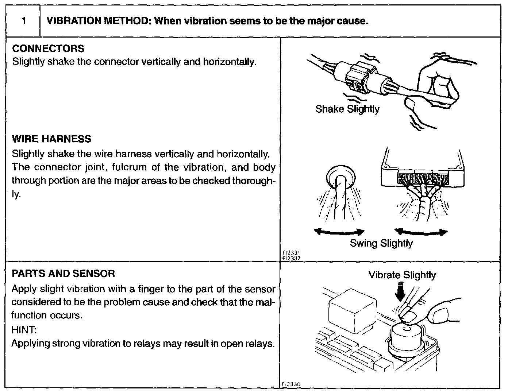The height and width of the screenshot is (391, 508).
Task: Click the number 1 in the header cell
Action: (23, 21)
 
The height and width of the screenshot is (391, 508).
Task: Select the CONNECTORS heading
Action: (48, 49)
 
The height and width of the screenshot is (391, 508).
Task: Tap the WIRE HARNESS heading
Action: (51, 139)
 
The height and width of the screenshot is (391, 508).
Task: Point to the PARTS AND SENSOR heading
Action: (63, 274)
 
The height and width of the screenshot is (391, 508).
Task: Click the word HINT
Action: (24, 330)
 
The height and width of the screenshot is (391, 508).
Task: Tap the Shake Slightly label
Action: (347, 109)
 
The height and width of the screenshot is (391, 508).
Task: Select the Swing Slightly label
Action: (381, 243)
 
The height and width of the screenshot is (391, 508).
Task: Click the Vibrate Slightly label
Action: (402, 275)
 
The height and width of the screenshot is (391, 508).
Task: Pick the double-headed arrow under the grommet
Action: (339, 232)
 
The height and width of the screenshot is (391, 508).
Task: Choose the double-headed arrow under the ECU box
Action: (421, 232)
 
